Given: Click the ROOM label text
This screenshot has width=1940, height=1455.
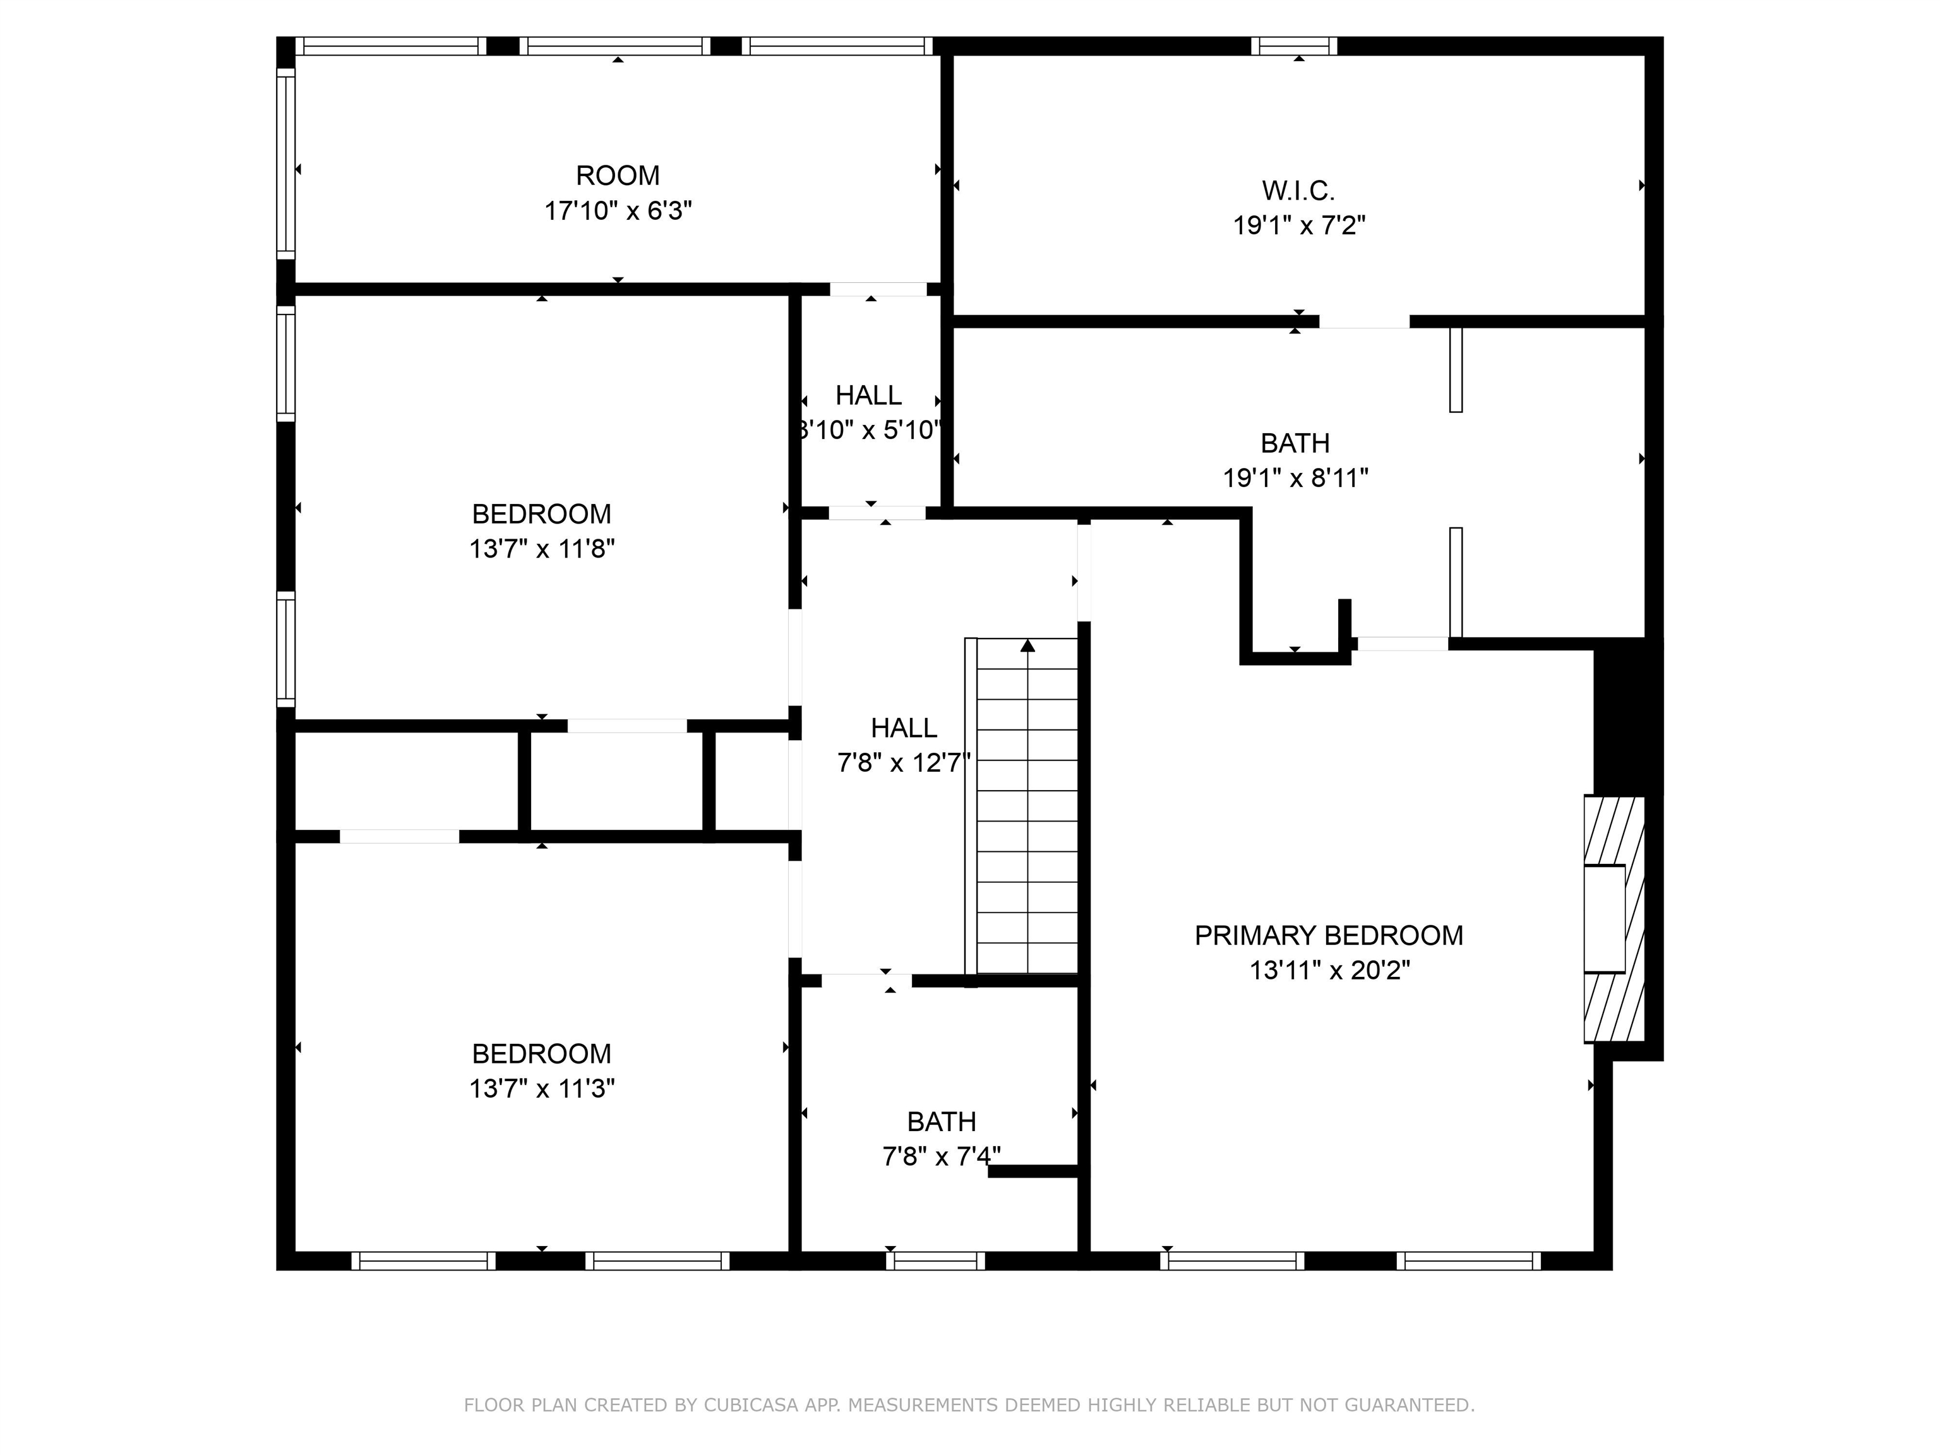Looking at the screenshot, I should coord(618,176).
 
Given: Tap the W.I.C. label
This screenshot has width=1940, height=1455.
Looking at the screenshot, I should coord(1298,190).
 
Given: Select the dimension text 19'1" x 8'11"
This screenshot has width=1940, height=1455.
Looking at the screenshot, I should coord(1295,478).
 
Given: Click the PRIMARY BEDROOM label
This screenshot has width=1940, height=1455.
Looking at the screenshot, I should coord(1328,936).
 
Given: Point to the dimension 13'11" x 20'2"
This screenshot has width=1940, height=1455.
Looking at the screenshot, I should coord(1329,971).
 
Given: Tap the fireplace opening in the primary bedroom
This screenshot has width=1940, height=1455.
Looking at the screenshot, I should coord(1604,918).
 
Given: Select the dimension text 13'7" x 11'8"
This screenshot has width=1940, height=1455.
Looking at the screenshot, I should coord(541,549).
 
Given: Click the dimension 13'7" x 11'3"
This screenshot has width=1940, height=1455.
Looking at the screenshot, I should coord(541,1088).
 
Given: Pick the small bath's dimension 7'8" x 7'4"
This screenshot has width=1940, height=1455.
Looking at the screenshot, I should coord(940,1157).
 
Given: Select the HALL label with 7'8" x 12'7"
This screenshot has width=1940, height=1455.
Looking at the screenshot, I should coord(903,728).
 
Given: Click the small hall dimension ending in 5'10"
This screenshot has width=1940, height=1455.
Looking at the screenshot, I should coord(870,431).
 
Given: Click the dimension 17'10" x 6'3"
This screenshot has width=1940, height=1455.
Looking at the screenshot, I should coord(618,212).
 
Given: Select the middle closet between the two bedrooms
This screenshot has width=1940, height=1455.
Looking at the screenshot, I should coord(616,781).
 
